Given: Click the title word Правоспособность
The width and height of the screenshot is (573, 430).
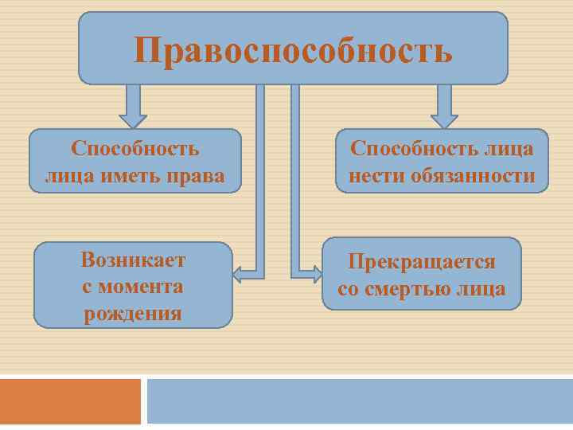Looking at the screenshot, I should pos(293,50).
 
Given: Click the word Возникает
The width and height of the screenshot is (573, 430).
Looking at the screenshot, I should pos(133,260).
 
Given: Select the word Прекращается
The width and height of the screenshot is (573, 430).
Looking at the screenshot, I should pos(421,261).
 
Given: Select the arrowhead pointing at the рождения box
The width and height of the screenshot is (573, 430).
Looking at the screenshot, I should pos(237,276).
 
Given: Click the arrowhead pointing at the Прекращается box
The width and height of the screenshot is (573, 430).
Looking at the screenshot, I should pos(316,275).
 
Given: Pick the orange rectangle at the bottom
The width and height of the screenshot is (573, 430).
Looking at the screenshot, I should pos(70,401).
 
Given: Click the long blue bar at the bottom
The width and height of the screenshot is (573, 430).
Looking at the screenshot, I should pos(360,401).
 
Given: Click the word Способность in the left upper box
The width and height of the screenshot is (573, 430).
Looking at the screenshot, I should pos(134,149).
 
